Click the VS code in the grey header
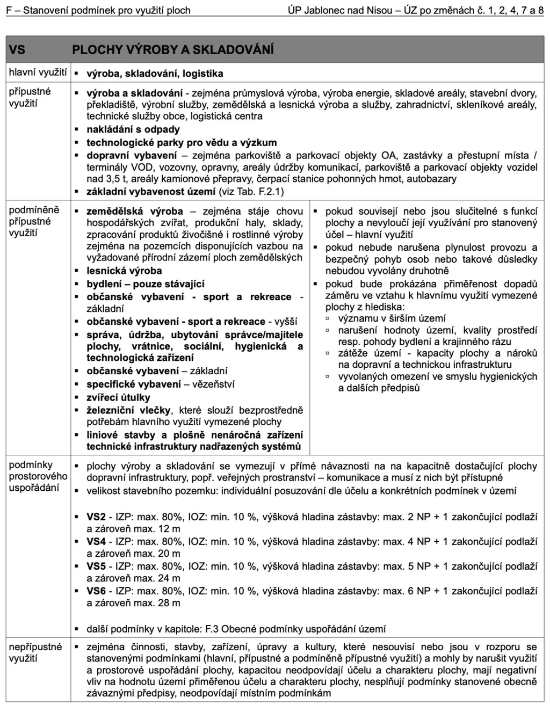click(x=17, y=50)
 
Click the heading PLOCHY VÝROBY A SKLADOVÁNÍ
click(x=172, y=50)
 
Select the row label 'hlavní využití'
click(x=38, y=72)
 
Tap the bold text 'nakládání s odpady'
click(x=133, y=129)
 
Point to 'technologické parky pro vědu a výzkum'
click(x=182, y=143)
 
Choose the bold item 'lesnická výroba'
click(x=124, y=271)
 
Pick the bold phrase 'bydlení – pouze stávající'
click(x=146, y=284)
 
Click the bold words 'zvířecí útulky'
click(x=118, y=398)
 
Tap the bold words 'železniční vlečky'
click(x=129, y=411)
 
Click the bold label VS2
click(x=96, y=517)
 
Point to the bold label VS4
click(x=96, y=542)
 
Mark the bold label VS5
click(x=96, y=566)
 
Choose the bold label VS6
click(x=96, y=591)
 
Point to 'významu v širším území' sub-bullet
click(x=392, y=318)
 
